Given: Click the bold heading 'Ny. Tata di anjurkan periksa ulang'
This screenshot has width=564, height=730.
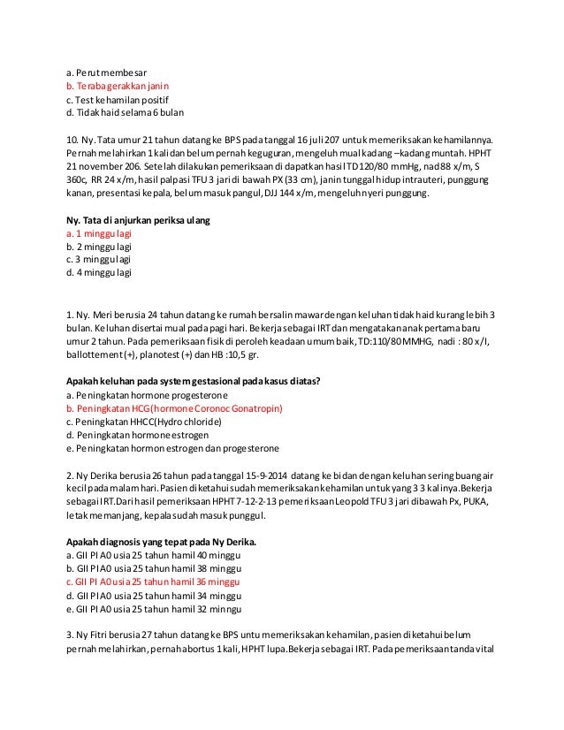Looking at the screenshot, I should [139, 220].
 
